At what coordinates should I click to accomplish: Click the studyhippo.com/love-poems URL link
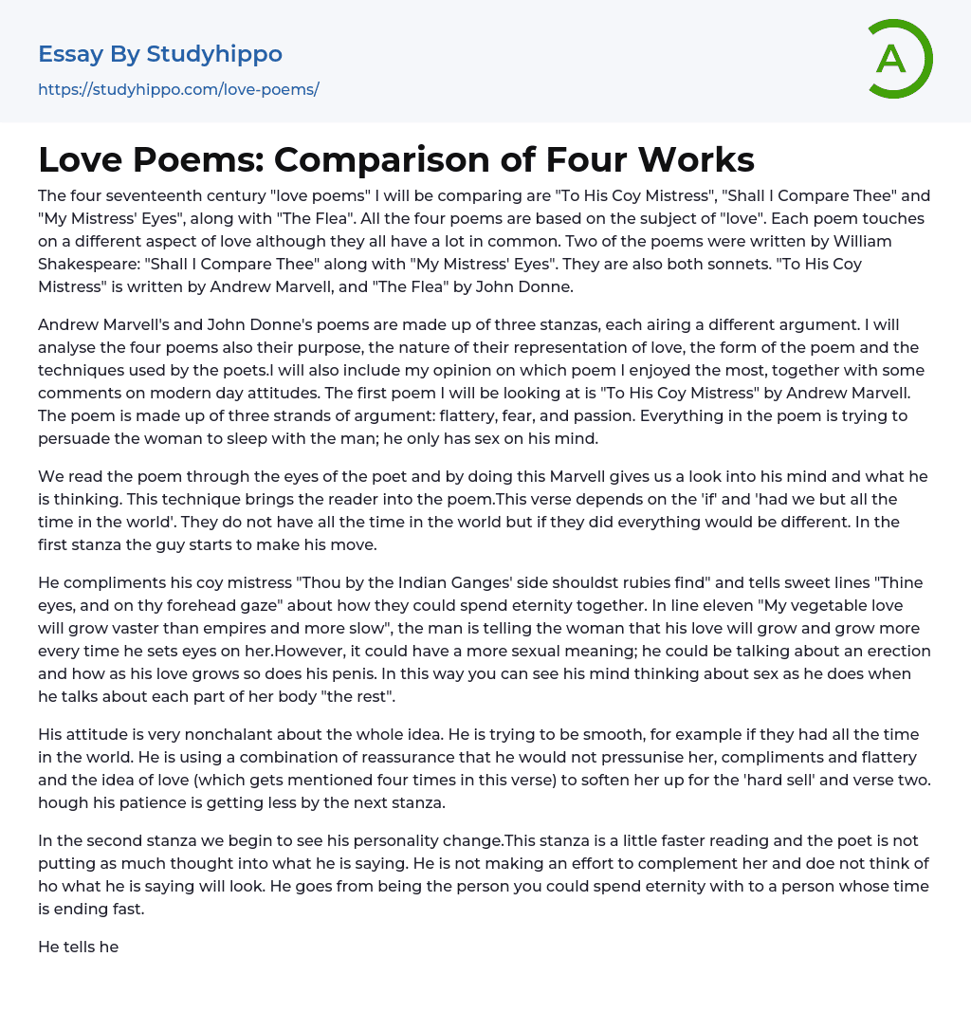click(x=178, y=89)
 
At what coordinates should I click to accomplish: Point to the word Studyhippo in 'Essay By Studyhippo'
click(x=214, y=54)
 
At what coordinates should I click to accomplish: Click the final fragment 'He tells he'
click(x=78, y=947)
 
